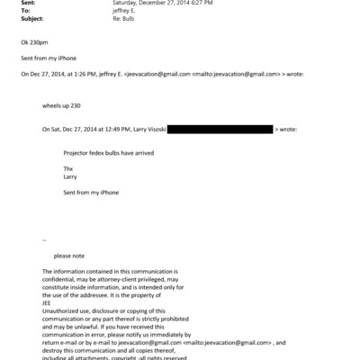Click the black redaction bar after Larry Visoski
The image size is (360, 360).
[220, 130]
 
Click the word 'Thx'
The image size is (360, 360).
[68, 168]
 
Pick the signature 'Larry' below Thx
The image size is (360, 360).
[70, 176]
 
